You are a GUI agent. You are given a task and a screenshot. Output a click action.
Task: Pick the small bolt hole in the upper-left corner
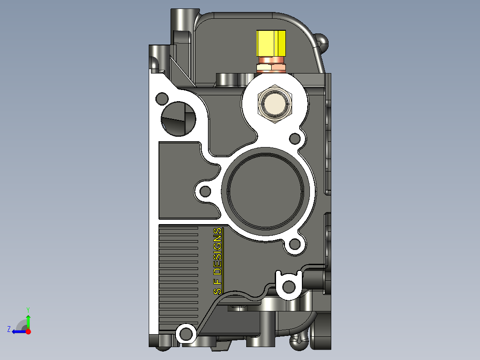pyautogui.click(x=161, y=98)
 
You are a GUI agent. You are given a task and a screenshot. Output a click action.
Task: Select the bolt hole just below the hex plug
pyautogui.click(x=294, y=139)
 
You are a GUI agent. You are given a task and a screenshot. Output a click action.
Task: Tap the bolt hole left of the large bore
pyautogui.click(x=205, y=192)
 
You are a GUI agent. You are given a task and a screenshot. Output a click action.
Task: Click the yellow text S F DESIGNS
pyautogui.click(x=217, y=261)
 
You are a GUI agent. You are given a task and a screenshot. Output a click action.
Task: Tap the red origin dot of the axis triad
pyautogui.click(x=28, y=331)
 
